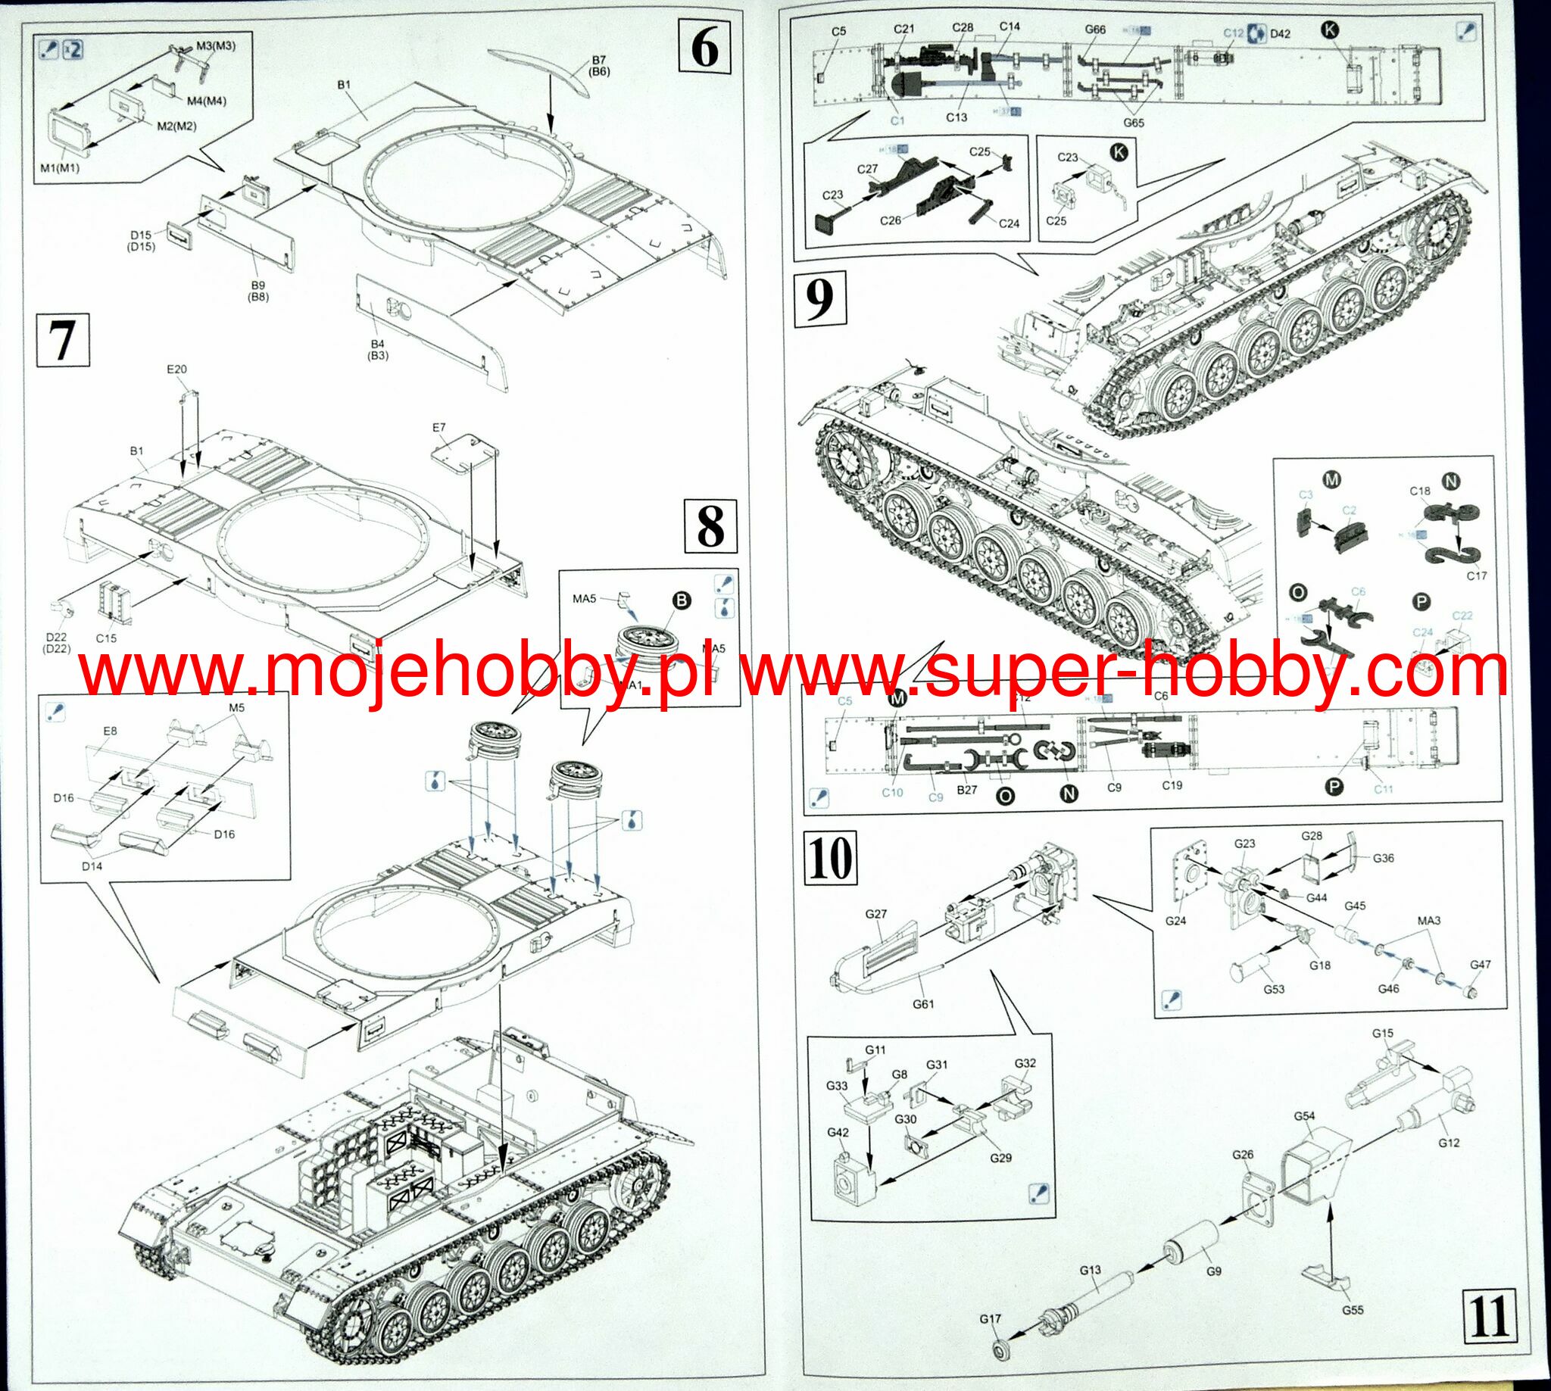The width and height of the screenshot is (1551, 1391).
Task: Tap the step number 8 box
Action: (x=710, y=526)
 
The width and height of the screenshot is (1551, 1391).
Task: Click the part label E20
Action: (x=176, y=370)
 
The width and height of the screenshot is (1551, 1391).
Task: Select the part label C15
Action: (x=106, y=638)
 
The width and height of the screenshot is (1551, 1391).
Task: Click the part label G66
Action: (x=1095, y=29)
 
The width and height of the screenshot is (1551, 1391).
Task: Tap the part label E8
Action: (x=110, y=731)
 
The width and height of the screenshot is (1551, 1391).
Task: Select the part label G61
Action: (x=923, y=1004)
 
